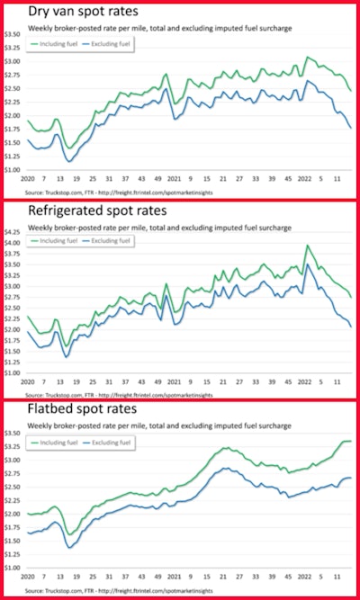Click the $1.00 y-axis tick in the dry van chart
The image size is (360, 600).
pos(13,169)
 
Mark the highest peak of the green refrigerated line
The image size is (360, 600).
pos(307,246)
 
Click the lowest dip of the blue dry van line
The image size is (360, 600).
pos(70,161)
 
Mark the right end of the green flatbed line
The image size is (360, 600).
pos(350,441)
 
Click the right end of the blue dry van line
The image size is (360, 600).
pos(350,128)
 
